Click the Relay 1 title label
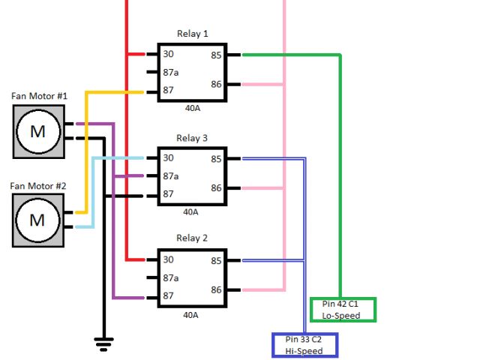(x=193, y=34)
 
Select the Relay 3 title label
(x=192, y=138)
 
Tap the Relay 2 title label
(x=192, y=238)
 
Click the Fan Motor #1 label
(x=39, y=96)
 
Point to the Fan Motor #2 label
(x=38, y=186)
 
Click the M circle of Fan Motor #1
(x=38, y=132)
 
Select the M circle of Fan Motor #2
(x=37, y=220)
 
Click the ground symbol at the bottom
(x=103, y=344)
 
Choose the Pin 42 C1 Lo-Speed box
(x=343, y=310)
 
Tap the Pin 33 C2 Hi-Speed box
(x=305, y=345)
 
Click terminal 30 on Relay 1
(x=168, y=54)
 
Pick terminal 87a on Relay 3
(x=171, y=176)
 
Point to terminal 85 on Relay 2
(x=216, y=261)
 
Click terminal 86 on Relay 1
(x=216, y=84)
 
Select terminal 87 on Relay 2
(x=168, y=295)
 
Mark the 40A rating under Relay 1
(x=193, y=108)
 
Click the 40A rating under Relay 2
(x=190, y=315)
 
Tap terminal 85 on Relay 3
(x=216, y=159)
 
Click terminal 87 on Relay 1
(x=168, y=90)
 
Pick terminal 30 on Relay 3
(x=168, y=158)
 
